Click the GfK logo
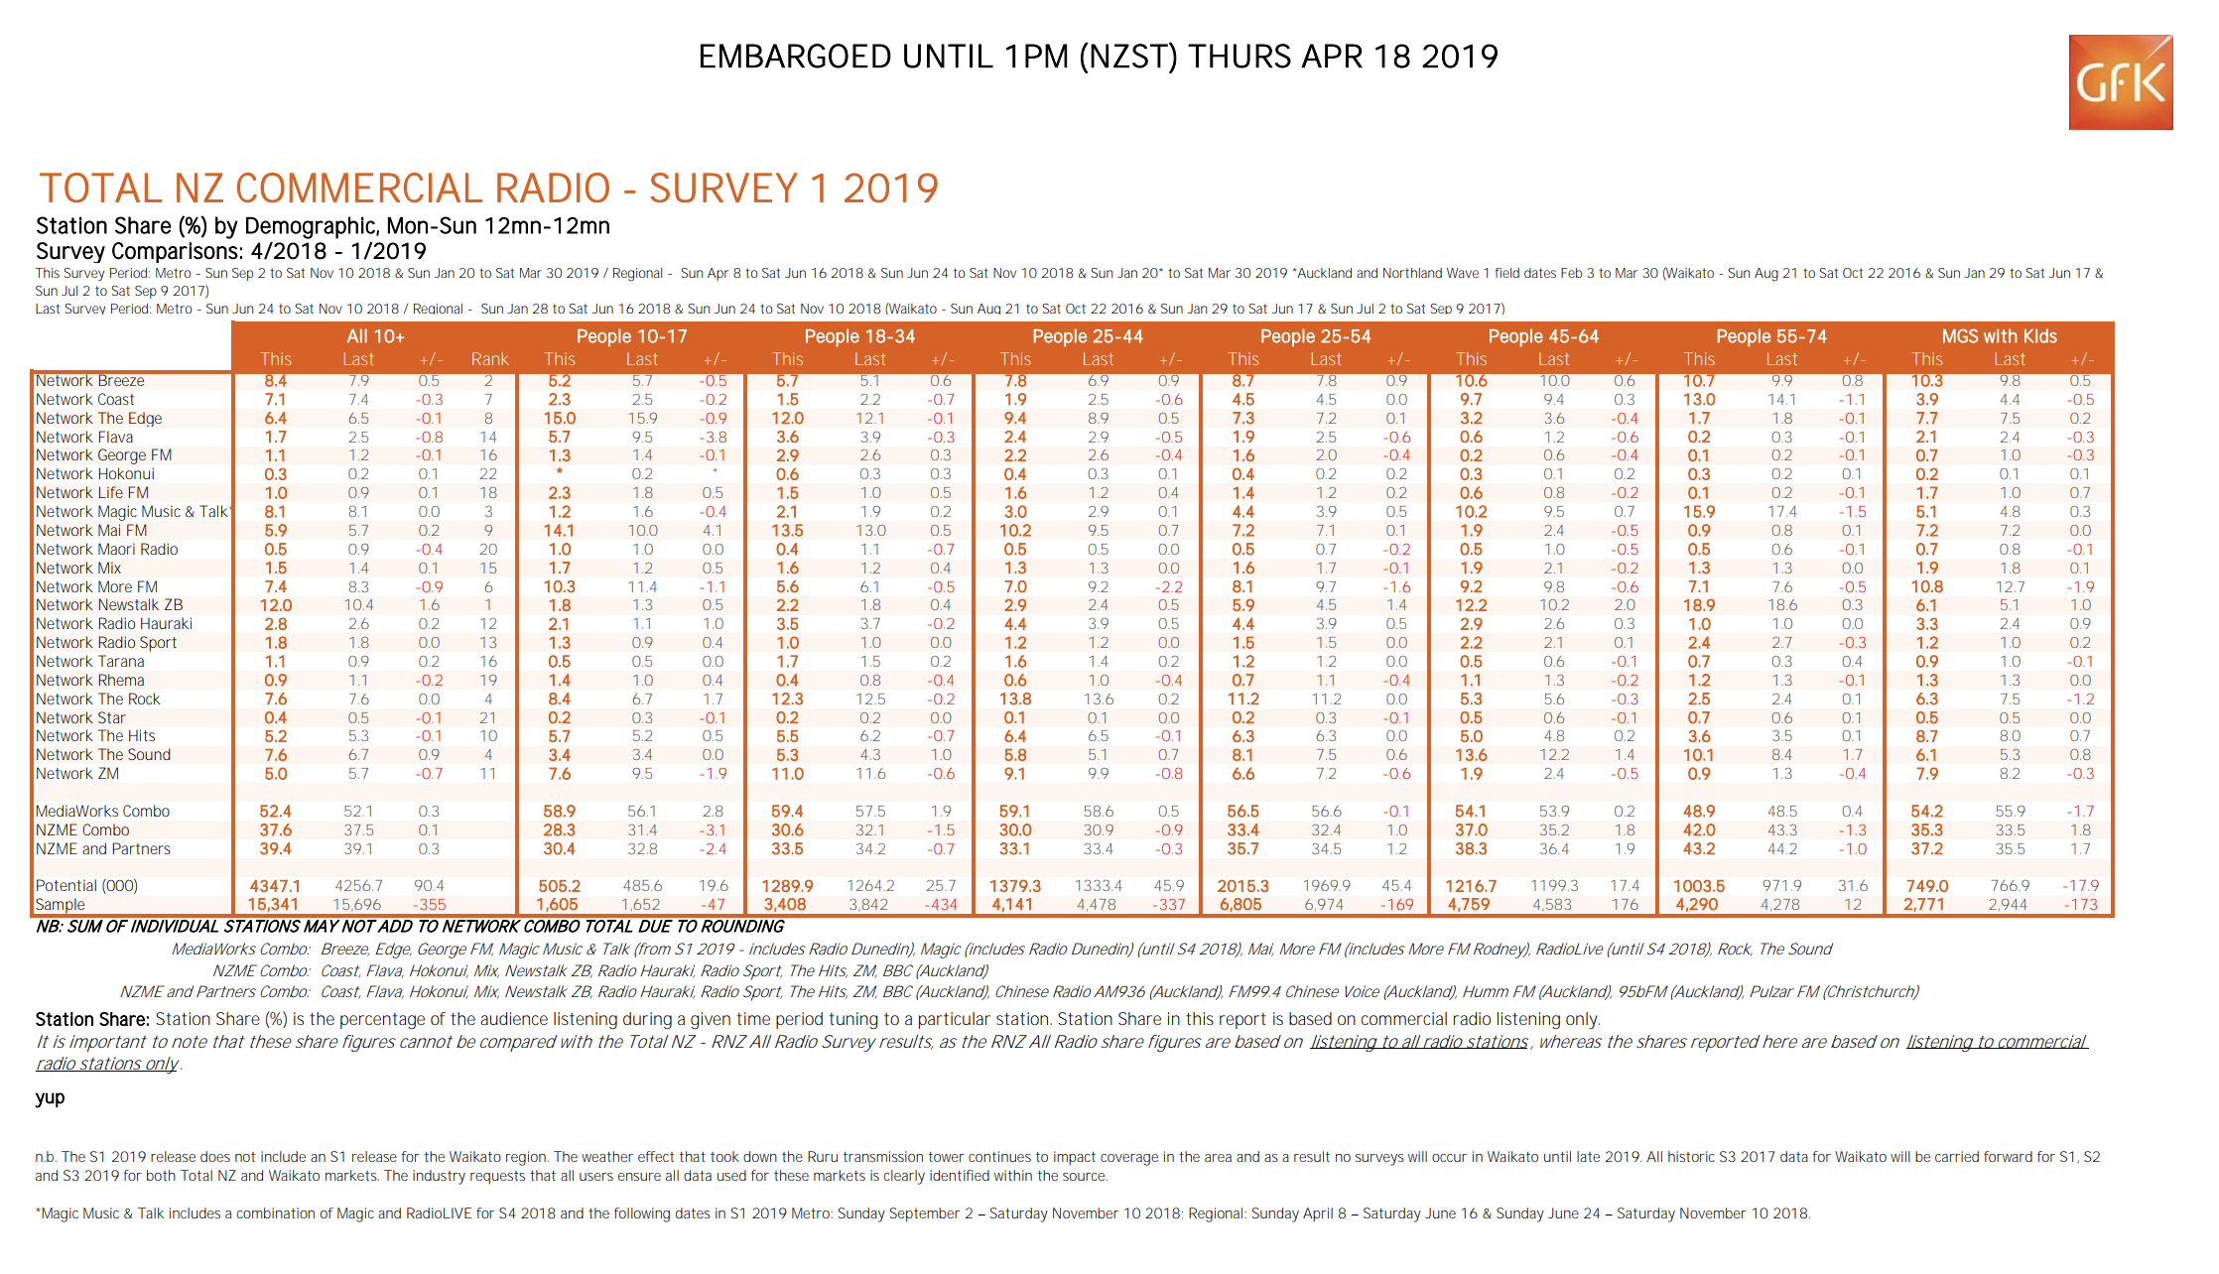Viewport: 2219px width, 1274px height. pos(2121,82)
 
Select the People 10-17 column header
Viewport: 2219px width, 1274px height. pos(631,336)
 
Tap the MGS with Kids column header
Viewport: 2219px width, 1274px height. pos(2000,336)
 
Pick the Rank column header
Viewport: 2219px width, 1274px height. pos(489,359)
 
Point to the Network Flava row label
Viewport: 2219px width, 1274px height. pos(84,438)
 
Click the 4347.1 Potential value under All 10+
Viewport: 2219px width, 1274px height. pos(275,886)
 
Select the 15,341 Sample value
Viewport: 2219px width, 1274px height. pos(273,905)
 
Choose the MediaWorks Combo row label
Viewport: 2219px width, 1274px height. pos(103,812)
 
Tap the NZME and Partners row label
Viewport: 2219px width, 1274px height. pos(103,849)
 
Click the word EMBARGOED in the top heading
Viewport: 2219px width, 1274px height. pos(795,57)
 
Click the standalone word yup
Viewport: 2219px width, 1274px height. pos(50,1097)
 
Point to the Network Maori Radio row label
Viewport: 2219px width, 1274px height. pos(107,550)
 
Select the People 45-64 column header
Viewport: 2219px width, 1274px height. pos(1543,336)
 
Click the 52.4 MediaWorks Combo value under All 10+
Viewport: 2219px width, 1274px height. pos(275,812)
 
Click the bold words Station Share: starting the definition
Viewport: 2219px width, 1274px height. pos(93,1020)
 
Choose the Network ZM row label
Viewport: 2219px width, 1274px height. pos(77,774)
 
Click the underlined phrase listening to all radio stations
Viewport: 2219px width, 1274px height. pos(1419,1042)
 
